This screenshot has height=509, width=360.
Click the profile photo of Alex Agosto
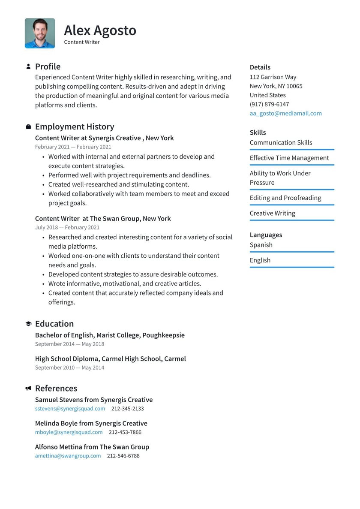point(40,33)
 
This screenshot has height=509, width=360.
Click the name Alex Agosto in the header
point(100,30)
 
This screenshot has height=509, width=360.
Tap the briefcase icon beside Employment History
point(28,127)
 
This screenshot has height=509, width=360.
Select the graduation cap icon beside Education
point(28,324)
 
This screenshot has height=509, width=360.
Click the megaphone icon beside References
point(28,389)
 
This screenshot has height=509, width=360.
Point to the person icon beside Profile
point(28,66)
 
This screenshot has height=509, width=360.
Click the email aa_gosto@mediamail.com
point(285,113)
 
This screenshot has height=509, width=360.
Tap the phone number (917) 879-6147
point(269,104)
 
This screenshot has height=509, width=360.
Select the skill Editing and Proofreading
point(285,198)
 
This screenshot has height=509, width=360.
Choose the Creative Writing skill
point(272,213)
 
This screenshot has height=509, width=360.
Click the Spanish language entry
point(261,245)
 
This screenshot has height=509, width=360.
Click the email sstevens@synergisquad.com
point(70,409)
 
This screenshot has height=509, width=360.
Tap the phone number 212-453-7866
point(125,432)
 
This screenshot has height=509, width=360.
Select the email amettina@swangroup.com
point(68,456)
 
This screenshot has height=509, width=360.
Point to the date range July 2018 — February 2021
point(67,227)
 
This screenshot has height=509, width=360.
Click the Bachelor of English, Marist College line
point(110,335)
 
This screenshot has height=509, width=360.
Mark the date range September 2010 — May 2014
point(69,367)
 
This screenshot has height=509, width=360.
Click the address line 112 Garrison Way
point(273,77)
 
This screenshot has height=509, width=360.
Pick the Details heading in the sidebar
point(260,67)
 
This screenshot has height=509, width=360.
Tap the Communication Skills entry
point(281,142)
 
